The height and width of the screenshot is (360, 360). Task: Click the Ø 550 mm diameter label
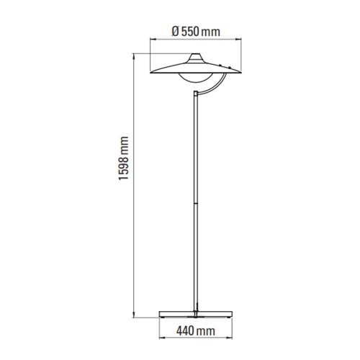196,32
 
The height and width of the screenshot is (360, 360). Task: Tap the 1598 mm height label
124,158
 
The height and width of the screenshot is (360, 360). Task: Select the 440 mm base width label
196,331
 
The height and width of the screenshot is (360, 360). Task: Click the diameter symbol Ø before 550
176,32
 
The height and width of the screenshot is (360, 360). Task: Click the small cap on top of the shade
196,57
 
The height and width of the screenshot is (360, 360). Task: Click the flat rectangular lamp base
196,314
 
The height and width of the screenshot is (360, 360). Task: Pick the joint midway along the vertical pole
196,204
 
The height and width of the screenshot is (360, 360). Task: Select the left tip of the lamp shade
150,72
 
